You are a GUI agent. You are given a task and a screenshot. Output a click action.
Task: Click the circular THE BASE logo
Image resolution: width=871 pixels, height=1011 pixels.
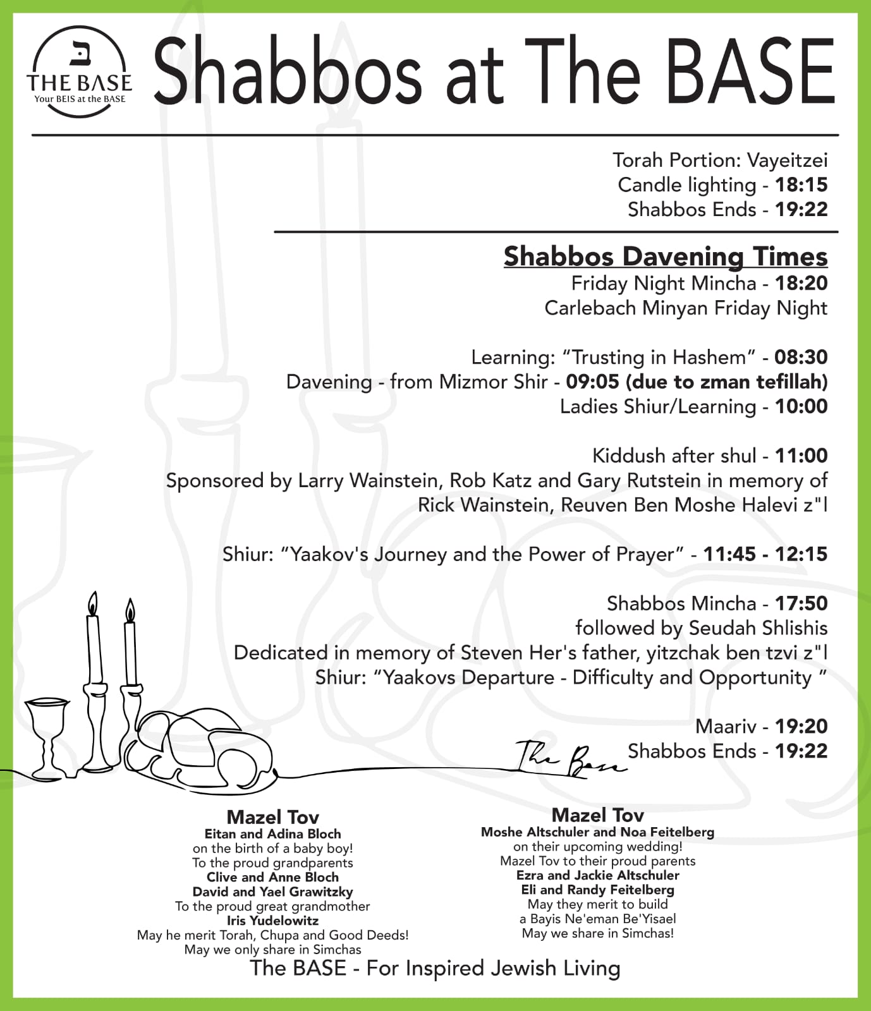click(x=79, y=71)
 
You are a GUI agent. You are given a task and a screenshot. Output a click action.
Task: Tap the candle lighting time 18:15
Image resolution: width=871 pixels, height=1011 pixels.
click(x=801, y=185)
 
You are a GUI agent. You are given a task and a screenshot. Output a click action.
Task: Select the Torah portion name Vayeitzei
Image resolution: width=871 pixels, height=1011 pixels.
click(x=787, y=160)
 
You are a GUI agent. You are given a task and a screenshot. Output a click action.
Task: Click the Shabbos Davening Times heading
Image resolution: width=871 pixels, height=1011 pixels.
click(x=665, y=257)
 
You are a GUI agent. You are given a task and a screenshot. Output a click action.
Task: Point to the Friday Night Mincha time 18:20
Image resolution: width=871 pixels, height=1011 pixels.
click(x=801, y=283)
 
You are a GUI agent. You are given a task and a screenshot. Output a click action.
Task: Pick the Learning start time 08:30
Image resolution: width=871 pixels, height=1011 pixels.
click(x=801, y=357)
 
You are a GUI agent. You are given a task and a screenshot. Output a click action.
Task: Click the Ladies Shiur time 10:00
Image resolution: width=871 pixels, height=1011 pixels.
click(x=801, y=406)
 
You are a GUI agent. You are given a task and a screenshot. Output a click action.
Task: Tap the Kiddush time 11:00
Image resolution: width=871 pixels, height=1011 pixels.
click(x=801, y=456)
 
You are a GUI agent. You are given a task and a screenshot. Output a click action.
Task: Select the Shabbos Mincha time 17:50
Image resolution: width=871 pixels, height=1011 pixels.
click(x=801, y=603)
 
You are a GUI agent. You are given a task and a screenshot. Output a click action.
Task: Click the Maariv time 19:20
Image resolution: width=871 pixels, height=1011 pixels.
click(x=801, y=727)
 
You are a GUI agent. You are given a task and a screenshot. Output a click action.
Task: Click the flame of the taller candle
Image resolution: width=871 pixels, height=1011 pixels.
click(x=93, y=603)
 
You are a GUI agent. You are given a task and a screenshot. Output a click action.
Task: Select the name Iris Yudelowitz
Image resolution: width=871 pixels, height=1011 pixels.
click(x=272, y=921)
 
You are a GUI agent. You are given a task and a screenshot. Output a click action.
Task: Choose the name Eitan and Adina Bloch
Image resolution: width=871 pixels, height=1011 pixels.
click(x=272, y=834)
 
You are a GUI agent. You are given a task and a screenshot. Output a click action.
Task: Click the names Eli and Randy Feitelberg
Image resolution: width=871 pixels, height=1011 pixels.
click(x=597, y=890)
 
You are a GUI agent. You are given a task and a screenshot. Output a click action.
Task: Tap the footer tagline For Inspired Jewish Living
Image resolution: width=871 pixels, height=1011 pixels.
click(x=493, y=968)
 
